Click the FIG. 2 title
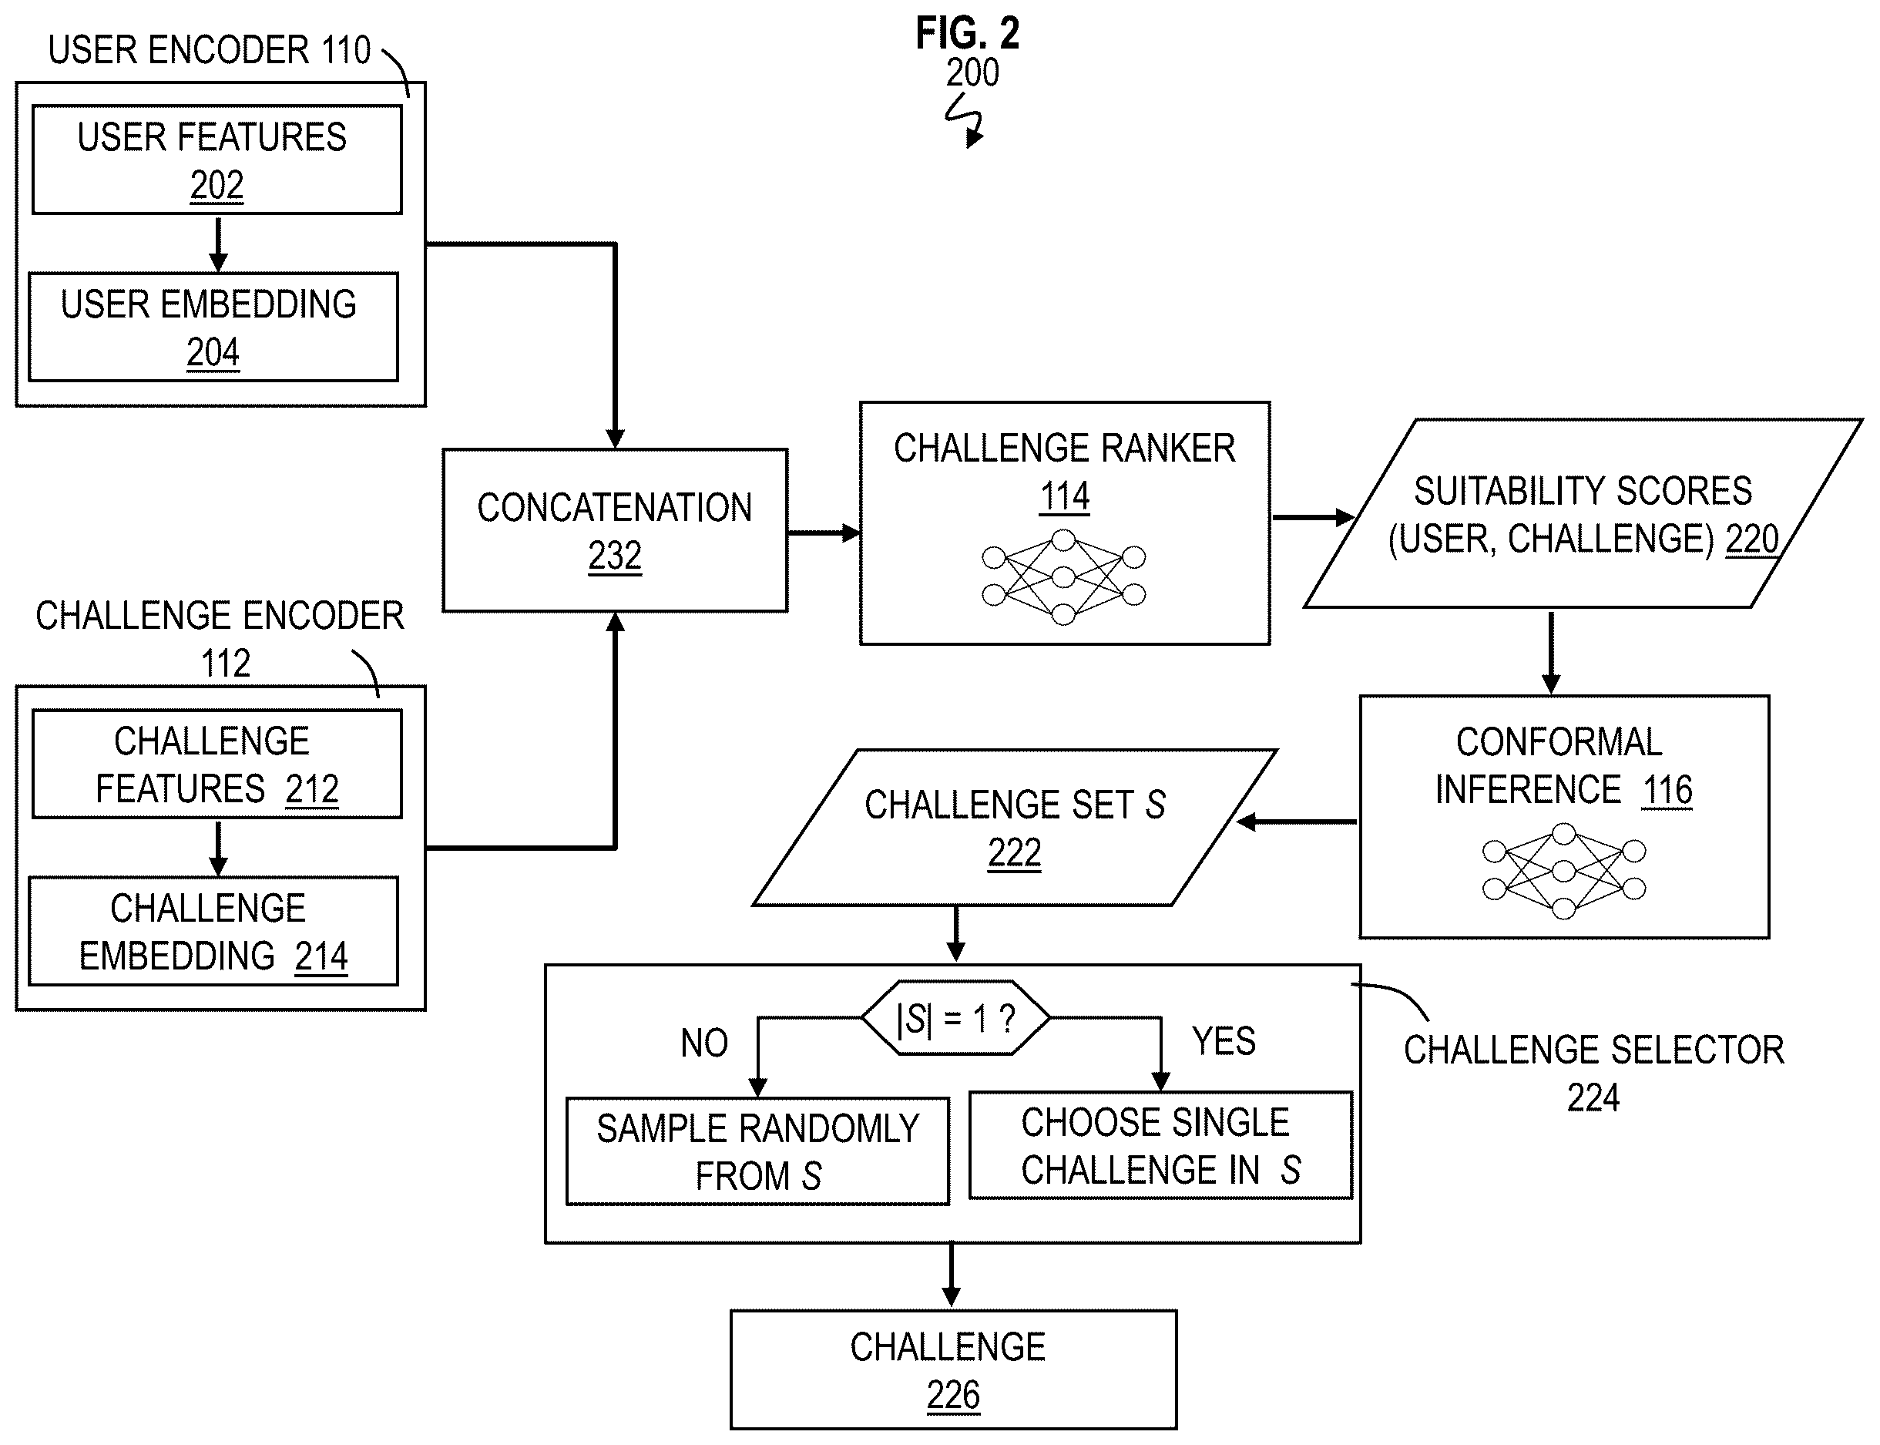tap(967, 35)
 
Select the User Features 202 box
tap(217, 160)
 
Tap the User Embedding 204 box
tap(213, 327)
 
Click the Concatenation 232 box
tap(615, 531)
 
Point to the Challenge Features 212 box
tap(217, 764)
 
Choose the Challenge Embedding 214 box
tap(213, 932)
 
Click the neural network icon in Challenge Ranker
tap(1064, 577)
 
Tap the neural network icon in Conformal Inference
tap(1563, 870)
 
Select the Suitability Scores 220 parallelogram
tap(1583, 513)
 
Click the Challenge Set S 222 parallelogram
tap(1015, 828)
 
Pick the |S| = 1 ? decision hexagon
tap(955, 1017)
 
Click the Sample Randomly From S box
tap(757, 1151)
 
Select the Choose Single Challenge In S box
tap(1160, 1144)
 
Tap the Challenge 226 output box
tap(953, 1370)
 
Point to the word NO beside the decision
tap(704, 1043)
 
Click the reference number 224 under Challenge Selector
tap(1593, 1097)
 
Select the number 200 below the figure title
tap(972, 72)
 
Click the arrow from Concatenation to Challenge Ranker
tap(824, 533)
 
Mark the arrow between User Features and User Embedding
tap(219, 244)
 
